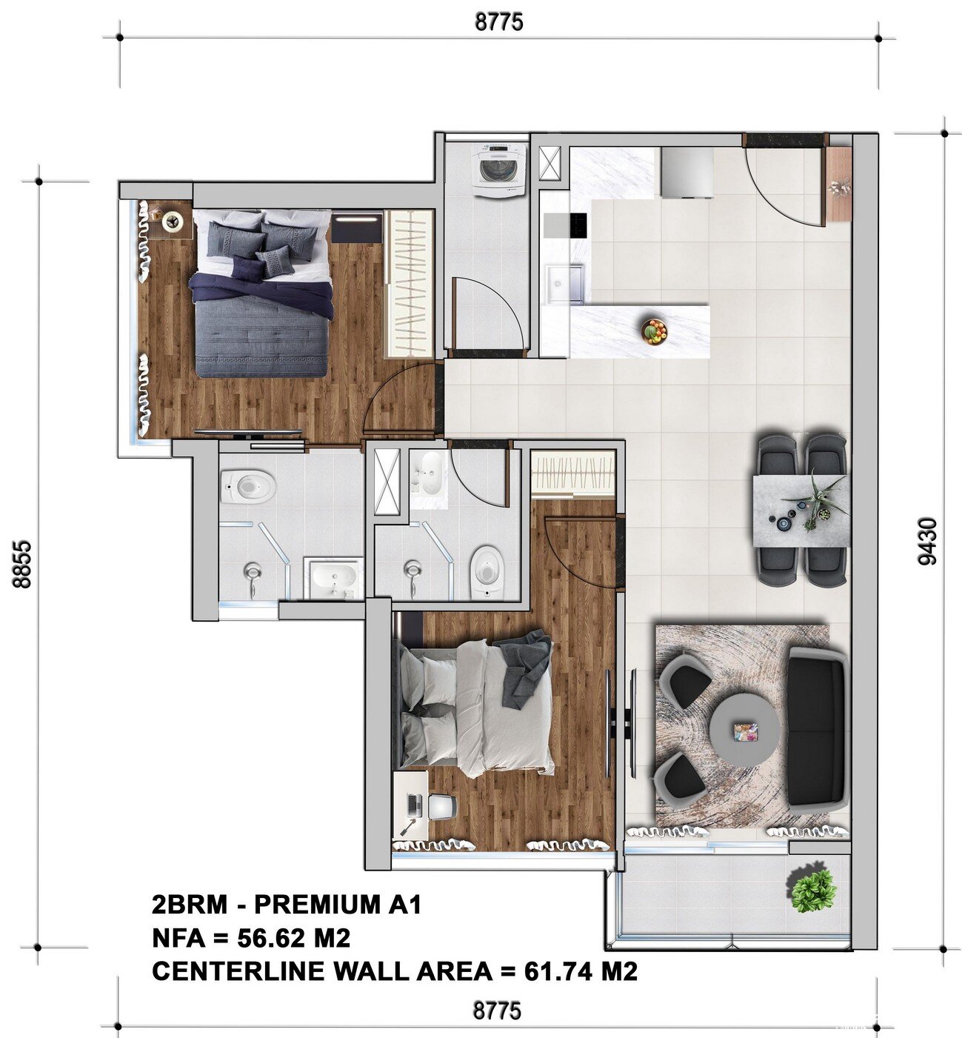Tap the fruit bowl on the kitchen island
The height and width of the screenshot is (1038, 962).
tap(655, 331)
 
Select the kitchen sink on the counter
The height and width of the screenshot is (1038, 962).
tap(564, 285)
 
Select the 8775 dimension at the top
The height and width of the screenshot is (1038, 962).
tap(499, 21)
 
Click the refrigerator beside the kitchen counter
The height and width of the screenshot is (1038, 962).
tap(687, 173)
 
